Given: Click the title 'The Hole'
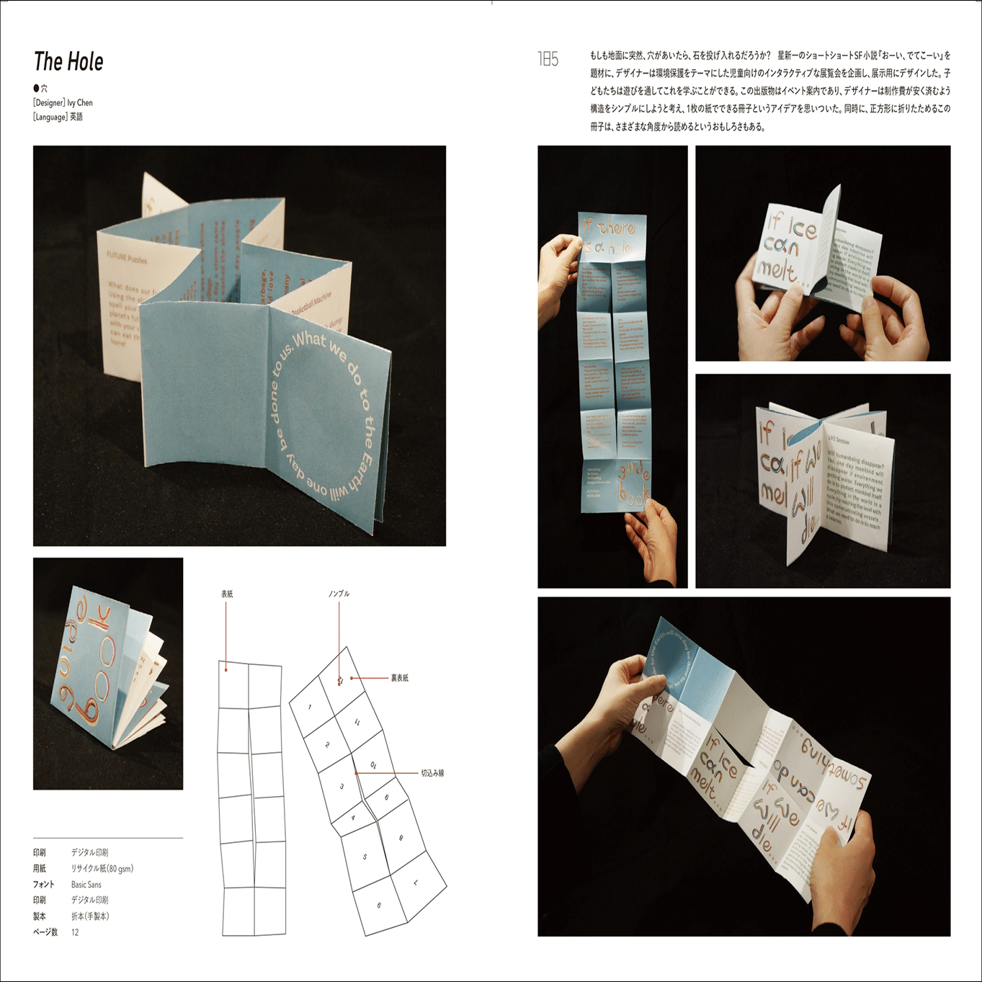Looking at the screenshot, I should pos(68,62).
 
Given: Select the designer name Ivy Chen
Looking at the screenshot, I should pos(80,103).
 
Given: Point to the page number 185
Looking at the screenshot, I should pos(548,59).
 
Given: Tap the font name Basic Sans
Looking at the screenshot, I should pos(86,885).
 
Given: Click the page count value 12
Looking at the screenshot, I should pos(75,932).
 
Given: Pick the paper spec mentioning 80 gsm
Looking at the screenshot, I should pos(102,869).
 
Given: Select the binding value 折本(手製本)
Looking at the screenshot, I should pos(90,916).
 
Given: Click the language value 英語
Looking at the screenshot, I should pos(76,117).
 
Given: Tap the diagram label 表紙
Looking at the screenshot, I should pos(227,594).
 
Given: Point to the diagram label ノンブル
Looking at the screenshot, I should pos(339,594).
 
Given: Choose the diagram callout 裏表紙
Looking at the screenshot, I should pos(399,678).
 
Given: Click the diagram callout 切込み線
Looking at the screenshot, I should pos(432,773).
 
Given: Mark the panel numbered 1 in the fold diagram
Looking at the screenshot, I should pos(310,708).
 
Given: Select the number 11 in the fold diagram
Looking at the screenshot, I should pos(357,722).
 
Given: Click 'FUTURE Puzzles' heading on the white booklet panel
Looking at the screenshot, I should pos(127,258).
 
